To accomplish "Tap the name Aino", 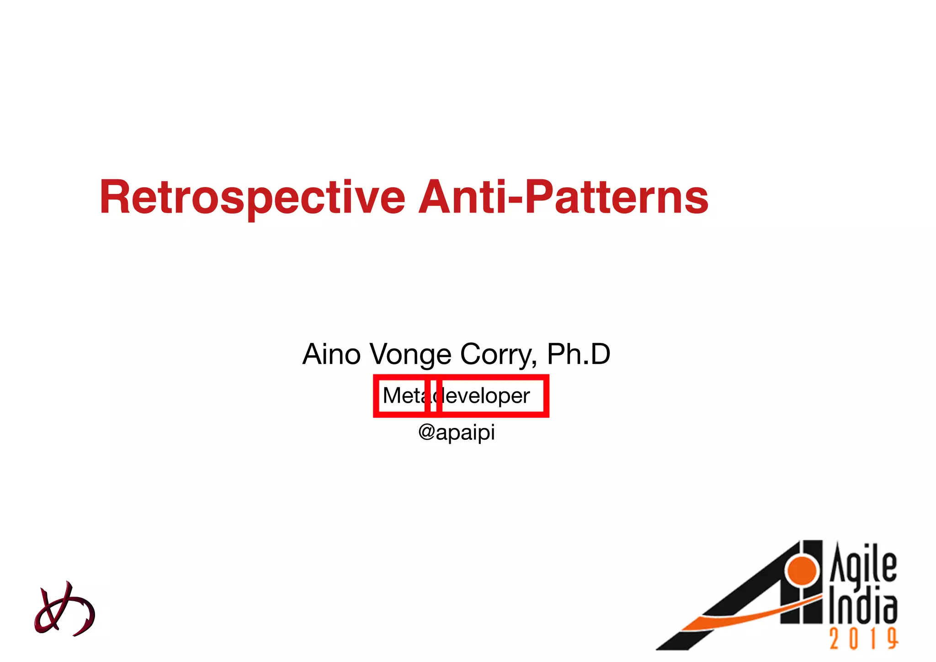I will click(x=331, y=354).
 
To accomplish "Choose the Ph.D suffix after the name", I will click(x=579, y=354).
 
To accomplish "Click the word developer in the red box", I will click(x=487, y=396).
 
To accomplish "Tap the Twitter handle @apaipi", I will click(x=457, y=432).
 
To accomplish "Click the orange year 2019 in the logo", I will click(x=863, y=639).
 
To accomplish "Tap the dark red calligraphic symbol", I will click(x=64, y=609).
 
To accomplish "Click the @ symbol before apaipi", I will click(x=426, y=432).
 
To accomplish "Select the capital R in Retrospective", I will click(x=114, y=198).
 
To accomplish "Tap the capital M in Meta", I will click(x=393, y=395).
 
